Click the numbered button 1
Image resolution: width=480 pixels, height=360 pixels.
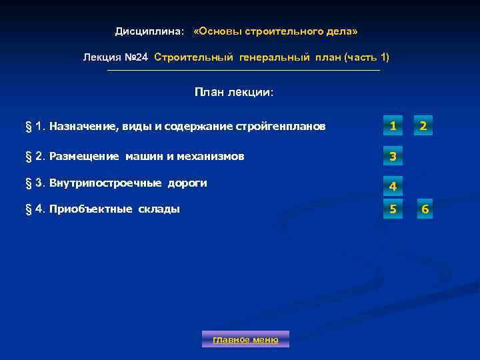coord(393,125)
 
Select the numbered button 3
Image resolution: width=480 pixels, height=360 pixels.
coord(393,157)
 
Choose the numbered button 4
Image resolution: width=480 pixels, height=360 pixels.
coord(393,186)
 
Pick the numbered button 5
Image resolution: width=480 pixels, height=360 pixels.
coord(393,210)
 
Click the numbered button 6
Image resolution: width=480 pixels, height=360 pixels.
coord(425,211)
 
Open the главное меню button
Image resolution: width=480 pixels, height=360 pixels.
coord(245,339)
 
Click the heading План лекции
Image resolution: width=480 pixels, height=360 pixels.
coord(234,92)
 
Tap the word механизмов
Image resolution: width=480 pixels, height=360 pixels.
coord(210,157)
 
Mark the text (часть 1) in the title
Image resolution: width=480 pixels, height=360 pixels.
coord(367,57)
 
